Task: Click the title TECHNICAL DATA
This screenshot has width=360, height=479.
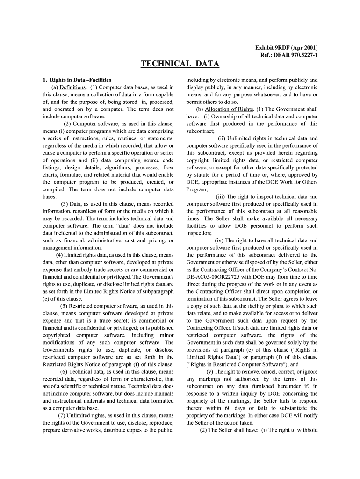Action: [180, 64]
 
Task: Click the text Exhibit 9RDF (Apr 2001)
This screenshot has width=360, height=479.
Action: [286, 48]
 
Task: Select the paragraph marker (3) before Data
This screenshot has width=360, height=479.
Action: [65, 204]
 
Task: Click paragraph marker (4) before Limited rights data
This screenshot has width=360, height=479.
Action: [60, 255]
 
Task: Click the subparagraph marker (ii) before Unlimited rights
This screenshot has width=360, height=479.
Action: [222, 138]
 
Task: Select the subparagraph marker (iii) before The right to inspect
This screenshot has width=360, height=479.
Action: [220, 197]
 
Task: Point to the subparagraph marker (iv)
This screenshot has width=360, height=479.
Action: [220, 240]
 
